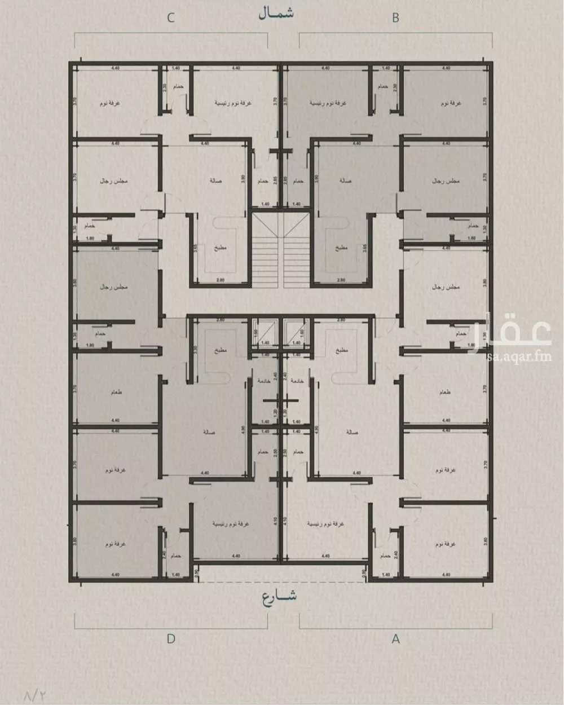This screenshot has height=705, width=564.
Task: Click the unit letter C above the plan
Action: pyautogui.click(x=170, y=18)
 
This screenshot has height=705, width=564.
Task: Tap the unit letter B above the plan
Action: pyautogui.click(x=395, y=18)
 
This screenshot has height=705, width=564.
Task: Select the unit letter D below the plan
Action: pyautogui.click(x=171, y=639)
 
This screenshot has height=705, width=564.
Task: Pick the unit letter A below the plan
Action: pyautogui.click(x=396, y=639)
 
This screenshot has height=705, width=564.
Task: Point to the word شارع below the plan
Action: pyautogui.click(x=279, y=597)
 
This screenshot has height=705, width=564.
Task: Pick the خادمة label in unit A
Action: pyautogui.click(x=297, y=381)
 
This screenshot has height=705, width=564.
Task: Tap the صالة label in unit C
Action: pyautogui.click(x=214, y=181)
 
